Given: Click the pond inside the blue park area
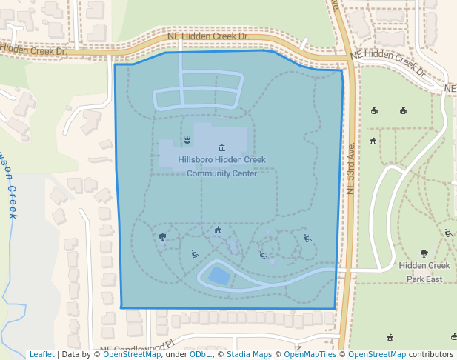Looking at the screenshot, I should point(219,276).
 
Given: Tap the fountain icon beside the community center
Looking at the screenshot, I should point(187,139).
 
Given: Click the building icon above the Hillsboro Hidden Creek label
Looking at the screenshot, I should point(221,147).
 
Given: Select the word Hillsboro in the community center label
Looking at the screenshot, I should point(199,159).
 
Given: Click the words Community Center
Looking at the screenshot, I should point(221,174).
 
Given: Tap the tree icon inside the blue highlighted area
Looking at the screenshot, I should point(162,237).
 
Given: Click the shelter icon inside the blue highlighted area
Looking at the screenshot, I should point(218,230).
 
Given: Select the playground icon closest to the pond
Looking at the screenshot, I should point(194,254).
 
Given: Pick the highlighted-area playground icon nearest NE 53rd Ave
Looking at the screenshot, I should point(307,238).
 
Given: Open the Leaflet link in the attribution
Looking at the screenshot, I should point(41,355).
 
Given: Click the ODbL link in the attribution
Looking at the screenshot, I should point(199,355).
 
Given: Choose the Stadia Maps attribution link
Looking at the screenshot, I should point(248,355).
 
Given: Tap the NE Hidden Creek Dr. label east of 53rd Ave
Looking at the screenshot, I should point(388,63).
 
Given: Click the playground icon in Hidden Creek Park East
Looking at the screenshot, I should point(448,233).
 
